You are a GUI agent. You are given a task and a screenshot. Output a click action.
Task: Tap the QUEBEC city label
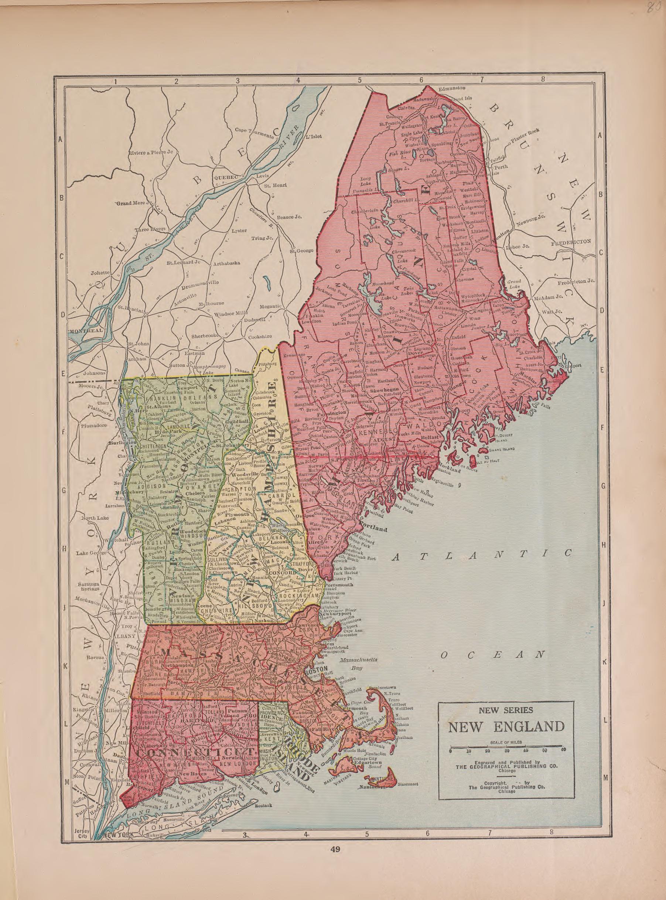pyautogui.click(x=227, y=177)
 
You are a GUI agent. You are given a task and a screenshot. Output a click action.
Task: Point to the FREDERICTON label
pyautogui.click(x=570, y=242)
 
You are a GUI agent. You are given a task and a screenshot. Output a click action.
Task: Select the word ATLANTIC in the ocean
pyautogui.click(x=482, y=555)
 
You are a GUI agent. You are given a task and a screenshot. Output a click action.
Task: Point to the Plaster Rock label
pyautogui.click(x=525, y=137)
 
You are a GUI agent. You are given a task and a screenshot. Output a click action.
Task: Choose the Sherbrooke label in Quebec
pyautogui.click(x=205, y=335)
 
